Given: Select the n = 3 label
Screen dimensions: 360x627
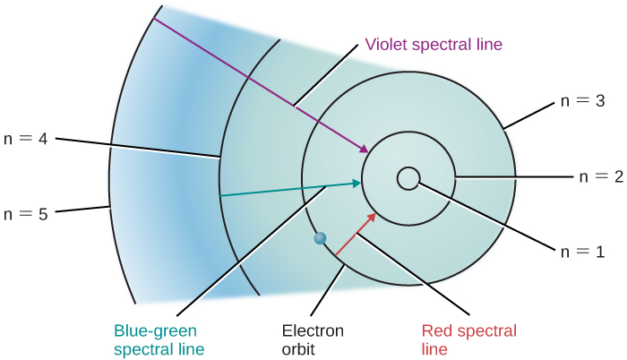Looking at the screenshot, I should click(582, 101).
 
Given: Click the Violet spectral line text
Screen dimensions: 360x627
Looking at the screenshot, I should click(434, 44).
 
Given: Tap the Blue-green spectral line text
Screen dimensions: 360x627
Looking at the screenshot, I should click(159, 339).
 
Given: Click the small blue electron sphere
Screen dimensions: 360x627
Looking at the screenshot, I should click(319, 238).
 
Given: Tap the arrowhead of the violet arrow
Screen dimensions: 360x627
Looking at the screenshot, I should click(368, 150).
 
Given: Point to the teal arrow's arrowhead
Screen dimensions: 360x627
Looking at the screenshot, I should click(357, 183).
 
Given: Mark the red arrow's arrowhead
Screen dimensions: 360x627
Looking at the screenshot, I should click(373, 216).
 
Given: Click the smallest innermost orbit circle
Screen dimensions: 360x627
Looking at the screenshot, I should click(407, 178).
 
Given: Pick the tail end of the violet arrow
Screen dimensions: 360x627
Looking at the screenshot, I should click(154, 20).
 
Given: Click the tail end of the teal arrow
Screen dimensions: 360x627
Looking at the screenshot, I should click(221, 194).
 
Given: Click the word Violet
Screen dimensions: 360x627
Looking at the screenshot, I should click(386, 44).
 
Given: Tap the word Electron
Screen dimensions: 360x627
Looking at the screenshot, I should click(306, 330).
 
